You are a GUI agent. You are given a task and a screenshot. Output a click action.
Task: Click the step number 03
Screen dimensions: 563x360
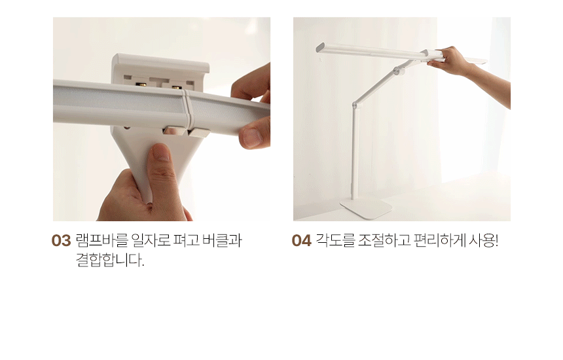click(x=61, y=240)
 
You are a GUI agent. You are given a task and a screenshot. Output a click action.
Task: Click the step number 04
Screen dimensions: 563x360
click(x=301, y=240)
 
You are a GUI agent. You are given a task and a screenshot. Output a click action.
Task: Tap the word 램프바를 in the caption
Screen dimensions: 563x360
click(x=101, y=240)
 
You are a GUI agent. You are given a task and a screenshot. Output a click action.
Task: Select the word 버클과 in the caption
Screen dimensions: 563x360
click(x=222, y=240)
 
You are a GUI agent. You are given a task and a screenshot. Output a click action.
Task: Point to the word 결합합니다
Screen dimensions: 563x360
click(x=110, y=260)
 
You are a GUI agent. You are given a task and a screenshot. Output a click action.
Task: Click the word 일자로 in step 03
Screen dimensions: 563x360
click(x=151, y=240)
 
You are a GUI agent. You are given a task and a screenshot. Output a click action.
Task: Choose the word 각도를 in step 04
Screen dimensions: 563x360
click(x=335, y=240)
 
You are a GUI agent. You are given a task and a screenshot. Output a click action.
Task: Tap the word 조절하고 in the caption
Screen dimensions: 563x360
click(x=384, y=240)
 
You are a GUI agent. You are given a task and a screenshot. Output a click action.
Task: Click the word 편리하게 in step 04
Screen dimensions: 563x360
click(x=439, y=240)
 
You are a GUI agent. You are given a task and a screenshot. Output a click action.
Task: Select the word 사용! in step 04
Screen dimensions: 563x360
click(x=484, y=240)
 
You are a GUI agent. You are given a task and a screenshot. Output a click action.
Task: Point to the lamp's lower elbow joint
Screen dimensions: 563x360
click(x=355, y=105)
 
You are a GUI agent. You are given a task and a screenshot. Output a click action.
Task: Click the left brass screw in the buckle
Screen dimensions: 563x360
click(x=140, y=86)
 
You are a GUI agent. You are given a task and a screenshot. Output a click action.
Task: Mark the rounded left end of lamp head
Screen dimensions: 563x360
click(x=320, y=48)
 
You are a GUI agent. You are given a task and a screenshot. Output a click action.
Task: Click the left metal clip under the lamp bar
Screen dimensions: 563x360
click(x=173, y=130)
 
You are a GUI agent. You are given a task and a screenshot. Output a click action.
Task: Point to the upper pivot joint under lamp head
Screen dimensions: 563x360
click(x=398, y=70)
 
